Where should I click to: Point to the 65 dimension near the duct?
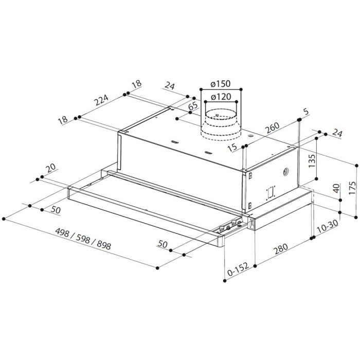point(193,106)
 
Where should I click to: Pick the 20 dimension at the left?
point(51,169)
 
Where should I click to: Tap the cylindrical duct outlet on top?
point(220,124)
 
